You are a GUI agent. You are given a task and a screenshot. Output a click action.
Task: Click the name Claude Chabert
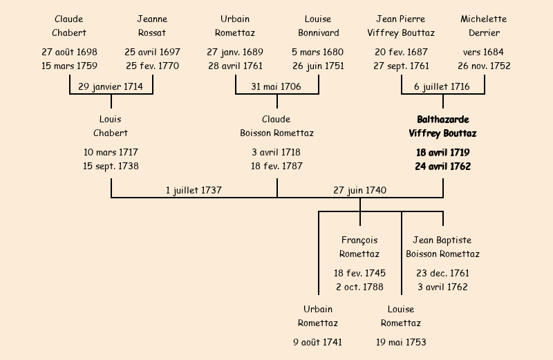(68, 26)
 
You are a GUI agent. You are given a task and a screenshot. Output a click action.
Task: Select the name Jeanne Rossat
(152, 26)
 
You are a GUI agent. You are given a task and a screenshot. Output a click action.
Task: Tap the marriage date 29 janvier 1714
(111, 86)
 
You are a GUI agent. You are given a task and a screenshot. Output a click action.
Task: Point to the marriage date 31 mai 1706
(276, 86)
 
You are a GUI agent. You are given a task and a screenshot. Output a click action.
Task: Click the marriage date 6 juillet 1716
(442, 86)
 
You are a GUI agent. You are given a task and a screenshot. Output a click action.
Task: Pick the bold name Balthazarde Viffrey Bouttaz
(442, 126)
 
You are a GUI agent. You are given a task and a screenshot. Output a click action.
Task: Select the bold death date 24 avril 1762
(442, 166)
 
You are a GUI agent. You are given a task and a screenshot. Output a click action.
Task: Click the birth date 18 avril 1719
(442, 152)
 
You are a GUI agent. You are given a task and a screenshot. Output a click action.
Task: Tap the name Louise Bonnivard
(319, 26)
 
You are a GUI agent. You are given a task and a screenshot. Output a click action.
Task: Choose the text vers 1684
(483, 52)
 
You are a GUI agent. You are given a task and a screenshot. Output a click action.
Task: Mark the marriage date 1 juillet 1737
(194, 190)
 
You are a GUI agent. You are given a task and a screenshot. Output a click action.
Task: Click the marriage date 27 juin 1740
(359, 190)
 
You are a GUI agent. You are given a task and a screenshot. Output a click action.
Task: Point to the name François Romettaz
(359, 247)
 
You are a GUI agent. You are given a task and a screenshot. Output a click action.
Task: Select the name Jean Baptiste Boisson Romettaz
(442, 247)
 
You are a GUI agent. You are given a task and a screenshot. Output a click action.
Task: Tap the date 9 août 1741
(317, 342)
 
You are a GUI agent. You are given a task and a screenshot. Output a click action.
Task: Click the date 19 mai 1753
(401, 342)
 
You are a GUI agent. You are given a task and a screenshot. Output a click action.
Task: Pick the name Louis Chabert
(111, 126)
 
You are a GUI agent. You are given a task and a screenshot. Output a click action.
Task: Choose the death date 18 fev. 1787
(276, 166)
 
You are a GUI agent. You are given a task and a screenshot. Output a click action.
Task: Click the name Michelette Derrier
(484, 26)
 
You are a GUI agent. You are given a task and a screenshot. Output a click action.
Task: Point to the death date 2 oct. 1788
(359, 287)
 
